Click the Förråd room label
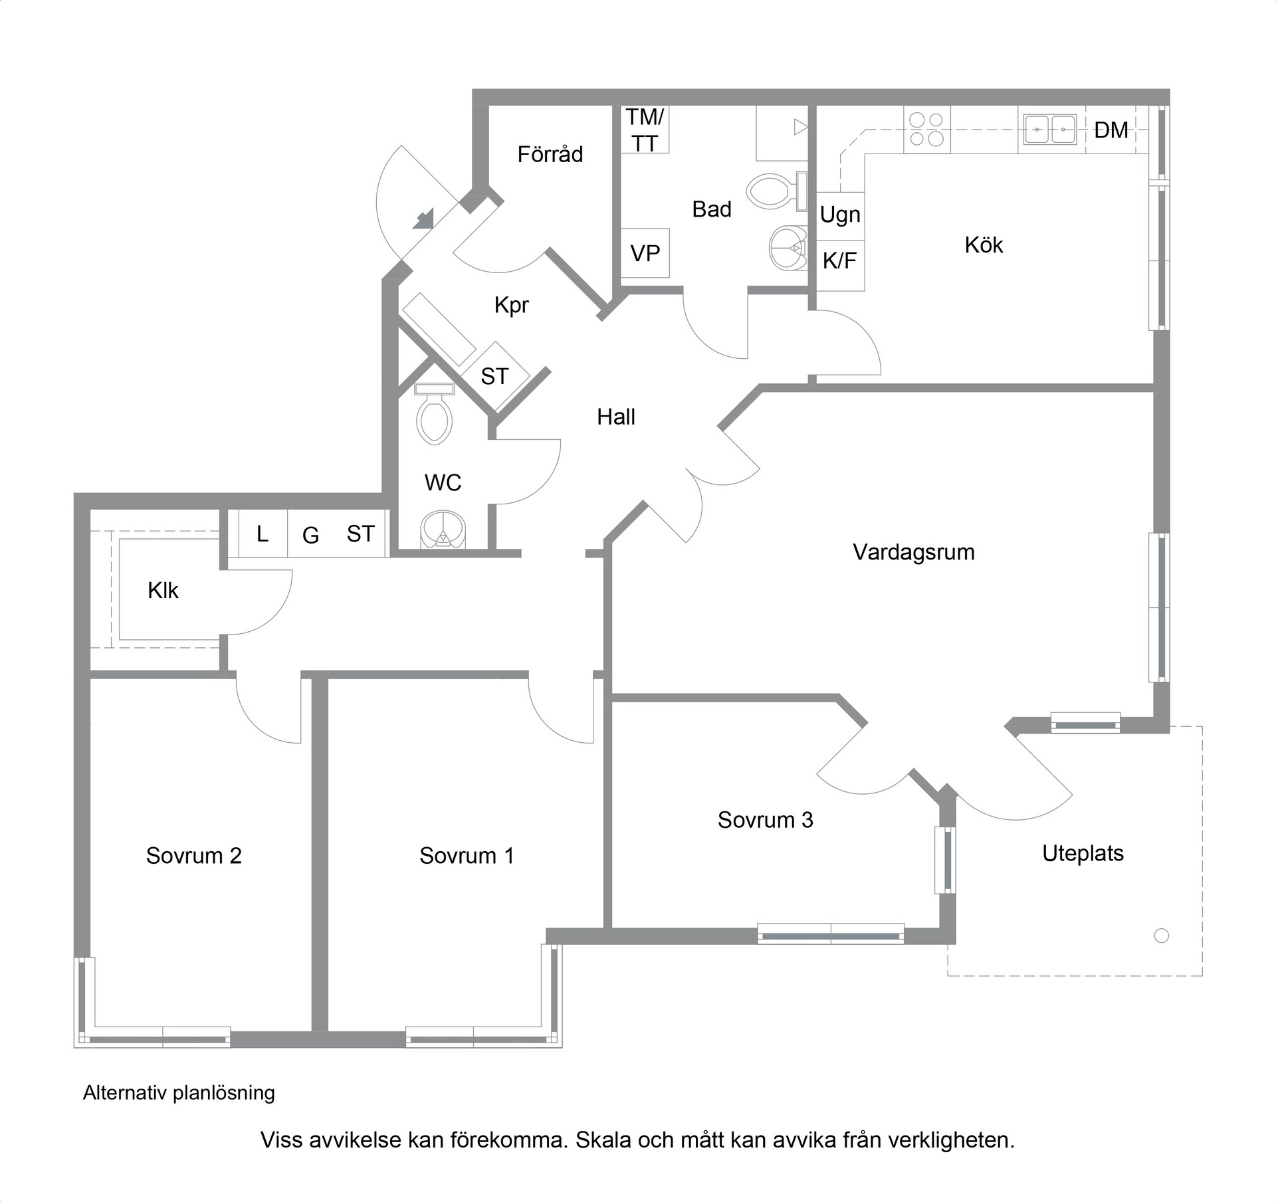[550, 154]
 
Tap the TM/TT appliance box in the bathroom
[645, 130]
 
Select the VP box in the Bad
[645, 253]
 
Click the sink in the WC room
[443, 530]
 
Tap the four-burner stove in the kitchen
[927, 129]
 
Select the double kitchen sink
[1051, 129]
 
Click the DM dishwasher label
[1111, 130]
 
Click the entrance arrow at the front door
[424, 219]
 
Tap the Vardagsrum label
[914, 552]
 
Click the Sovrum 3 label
[765, 820]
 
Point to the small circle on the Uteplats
[1162, 936]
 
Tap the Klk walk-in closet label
[163, 590]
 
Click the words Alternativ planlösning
[179, 1092]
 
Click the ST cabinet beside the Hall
[495, 376]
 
